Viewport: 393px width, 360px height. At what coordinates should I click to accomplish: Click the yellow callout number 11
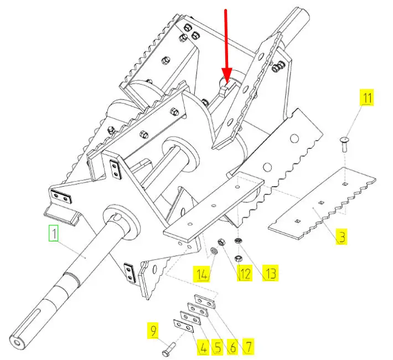[x=367, y=97]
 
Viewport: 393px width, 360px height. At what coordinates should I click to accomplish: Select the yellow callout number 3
[x=342, y=236]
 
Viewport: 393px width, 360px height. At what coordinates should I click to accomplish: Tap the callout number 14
[x=202, y=274]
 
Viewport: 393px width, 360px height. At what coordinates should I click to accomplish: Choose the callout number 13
[x=270, y=272]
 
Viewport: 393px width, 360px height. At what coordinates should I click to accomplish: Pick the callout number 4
[x=203, y=347]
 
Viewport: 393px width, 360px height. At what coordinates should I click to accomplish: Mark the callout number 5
[x=217, y=347]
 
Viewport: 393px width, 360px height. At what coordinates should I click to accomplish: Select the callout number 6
[x=233, y=347]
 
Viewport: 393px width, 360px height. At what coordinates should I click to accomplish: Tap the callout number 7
[x=248, y=346]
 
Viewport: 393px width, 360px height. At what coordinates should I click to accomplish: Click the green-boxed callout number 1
[x=54, y=233]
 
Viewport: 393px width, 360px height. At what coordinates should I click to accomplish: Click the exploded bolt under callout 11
[x=344, y=144]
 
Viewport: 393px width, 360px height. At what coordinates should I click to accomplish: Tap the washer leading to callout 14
[x=214, y=250]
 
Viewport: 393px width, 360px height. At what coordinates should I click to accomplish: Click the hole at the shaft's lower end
[x=17, y=342]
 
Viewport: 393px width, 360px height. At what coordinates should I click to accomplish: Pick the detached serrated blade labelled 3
[x=322, y=203]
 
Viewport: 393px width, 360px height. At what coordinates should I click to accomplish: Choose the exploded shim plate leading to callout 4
[x=183, y=326]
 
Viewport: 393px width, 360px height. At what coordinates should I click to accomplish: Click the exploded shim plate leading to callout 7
[x=205, y=301]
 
